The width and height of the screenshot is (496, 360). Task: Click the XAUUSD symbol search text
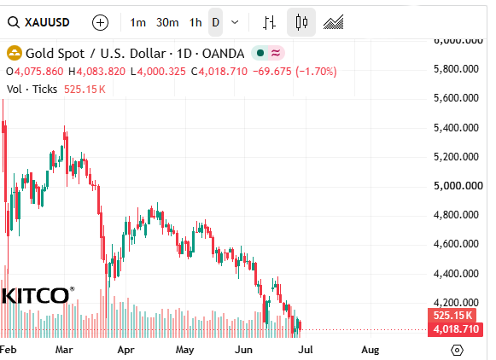pyautogui.click(x=47, y=22)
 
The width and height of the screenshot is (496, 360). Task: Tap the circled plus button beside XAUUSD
pyautogui.click(x=100, y=23)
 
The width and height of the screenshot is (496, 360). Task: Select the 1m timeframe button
pyautogui.click(x=138, y=22)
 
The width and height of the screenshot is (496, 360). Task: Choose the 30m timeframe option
pyautogui.click(x=167, y=22)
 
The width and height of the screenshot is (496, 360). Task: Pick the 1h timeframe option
pyautogui.click(x=195, y=22)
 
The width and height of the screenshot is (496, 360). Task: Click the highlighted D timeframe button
pyautogui.click(x=215, y=22)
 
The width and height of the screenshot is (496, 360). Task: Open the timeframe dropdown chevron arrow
pyautogui.click(x=235, y=22)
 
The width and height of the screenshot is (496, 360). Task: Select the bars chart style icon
pyautogui.click(x=269, y=22)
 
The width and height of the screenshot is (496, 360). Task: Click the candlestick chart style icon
pyautogui.click(x=301, y=22)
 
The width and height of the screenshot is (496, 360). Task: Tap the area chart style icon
pyautogui.click(x=334, y=22)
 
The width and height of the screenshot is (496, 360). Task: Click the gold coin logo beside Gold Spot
pyautogui.click(x=15, y=53)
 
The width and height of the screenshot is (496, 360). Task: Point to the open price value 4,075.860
pyautogui.click(x=39, y=72)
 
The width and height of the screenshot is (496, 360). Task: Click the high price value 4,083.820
pyautogui.click(x=101, y=72)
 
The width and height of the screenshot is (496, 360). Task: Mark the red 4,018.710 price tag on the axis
pyautogui.click(x=456, y=329)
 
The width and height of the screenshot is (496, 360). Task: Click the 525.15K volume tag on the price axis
pyautogui.click(x=452, y=316)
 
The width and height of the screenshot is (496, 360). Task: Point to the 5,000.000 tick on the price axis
pyautogui.click(x=458, y=185)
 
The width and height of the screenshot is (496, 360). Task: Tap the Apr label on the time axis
pyautogui.click(x=125, y=350)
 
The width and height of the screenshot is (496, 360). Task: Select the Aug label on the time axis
pyautogui.click(x=371, y=350)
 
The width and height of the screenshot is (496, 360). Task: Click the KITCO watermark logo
pyautogui.click(x=38, y=295)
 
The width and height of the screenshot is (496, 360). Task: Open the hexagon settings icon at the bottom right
pyautogui.click(x=457, y=351)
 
